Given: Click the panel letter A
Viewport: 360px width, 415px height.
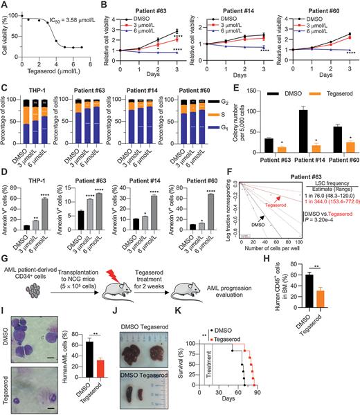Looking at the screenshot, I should click(x=5, y=6).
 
